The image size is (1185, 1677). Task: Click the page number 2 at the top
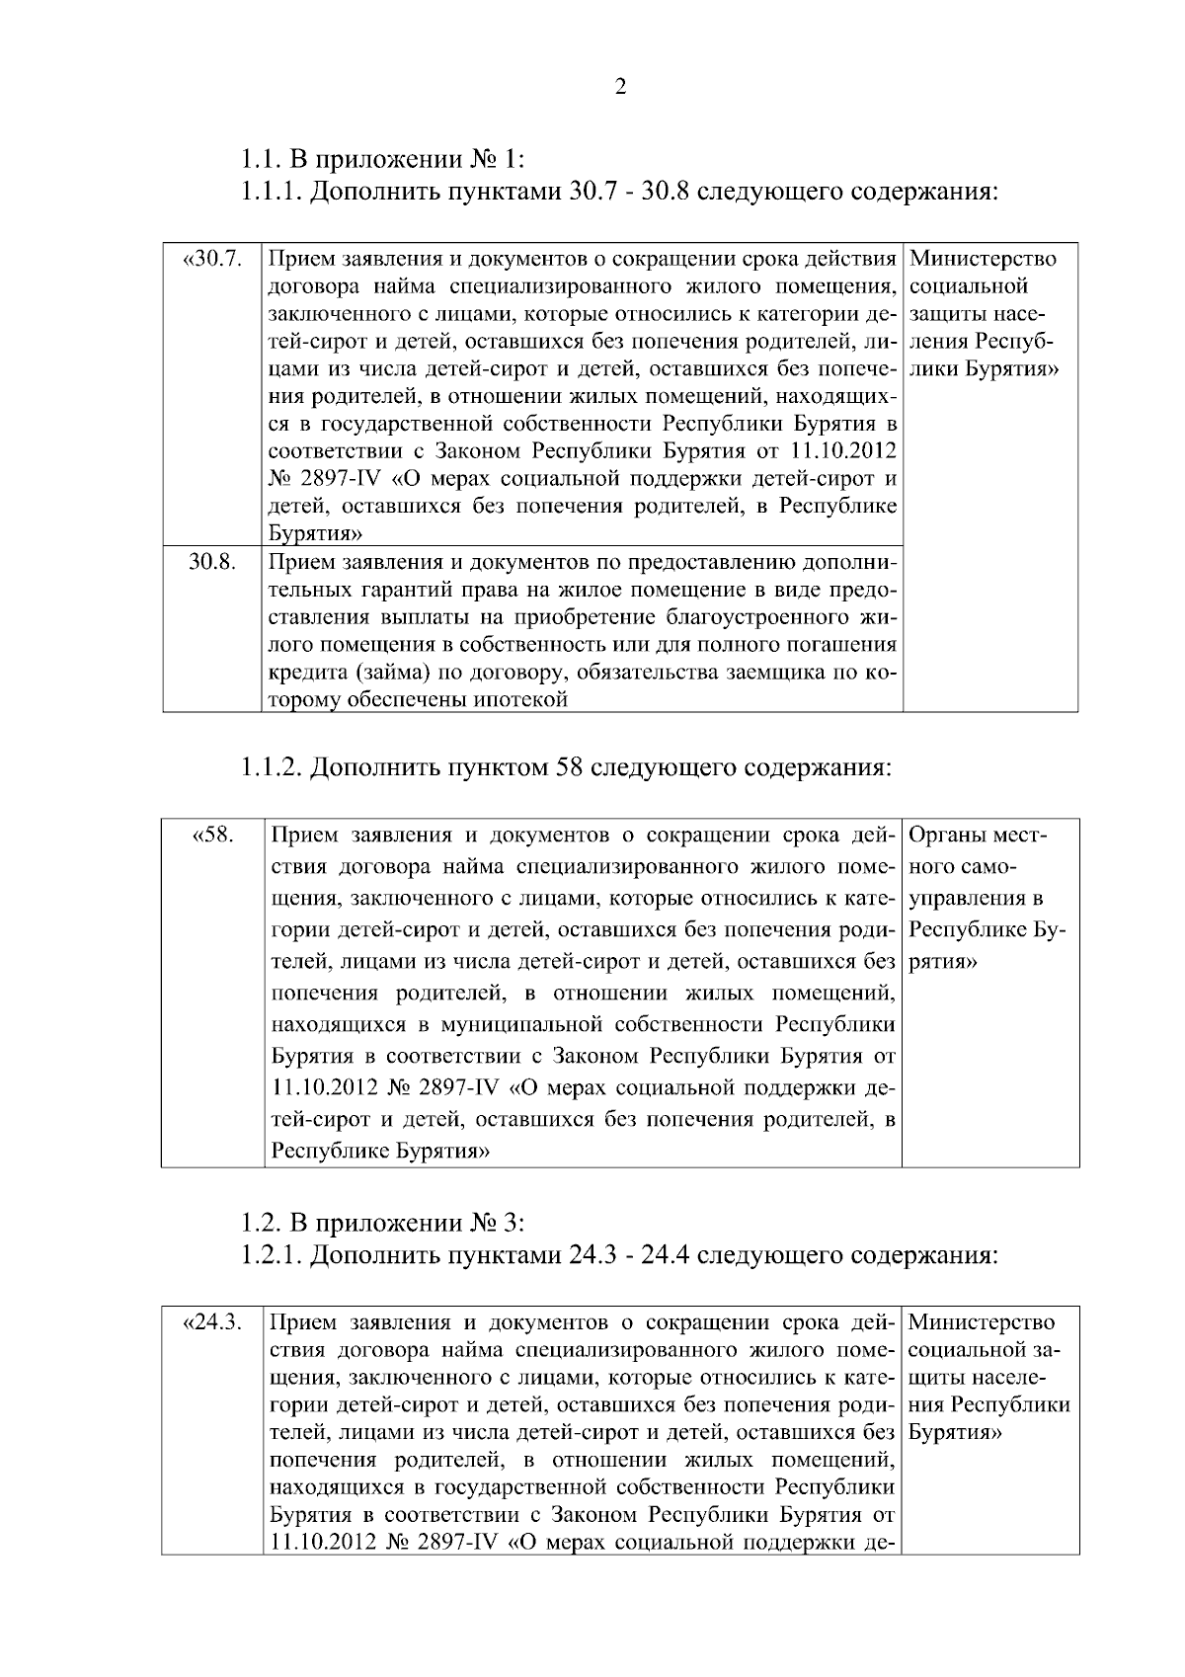coord(620,88)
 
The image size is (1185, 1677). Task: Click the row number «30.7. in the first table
coord(212,260)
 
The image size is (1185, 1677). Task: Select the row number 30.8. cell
coord(212,563)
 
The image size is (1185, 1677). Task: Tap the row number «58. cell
coord(212,837)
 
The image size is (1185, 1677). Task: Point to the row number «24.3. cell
coord(212,1322)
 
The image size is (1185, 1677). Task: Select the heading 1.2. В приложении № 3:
coord(384,1224)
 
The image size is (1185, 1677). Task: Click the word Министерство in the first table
coord(982,260)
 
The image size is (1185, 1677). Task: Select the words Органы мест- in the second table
coord(976,837)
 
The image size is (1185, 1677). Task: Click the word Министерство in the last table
coord(981,1322)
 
